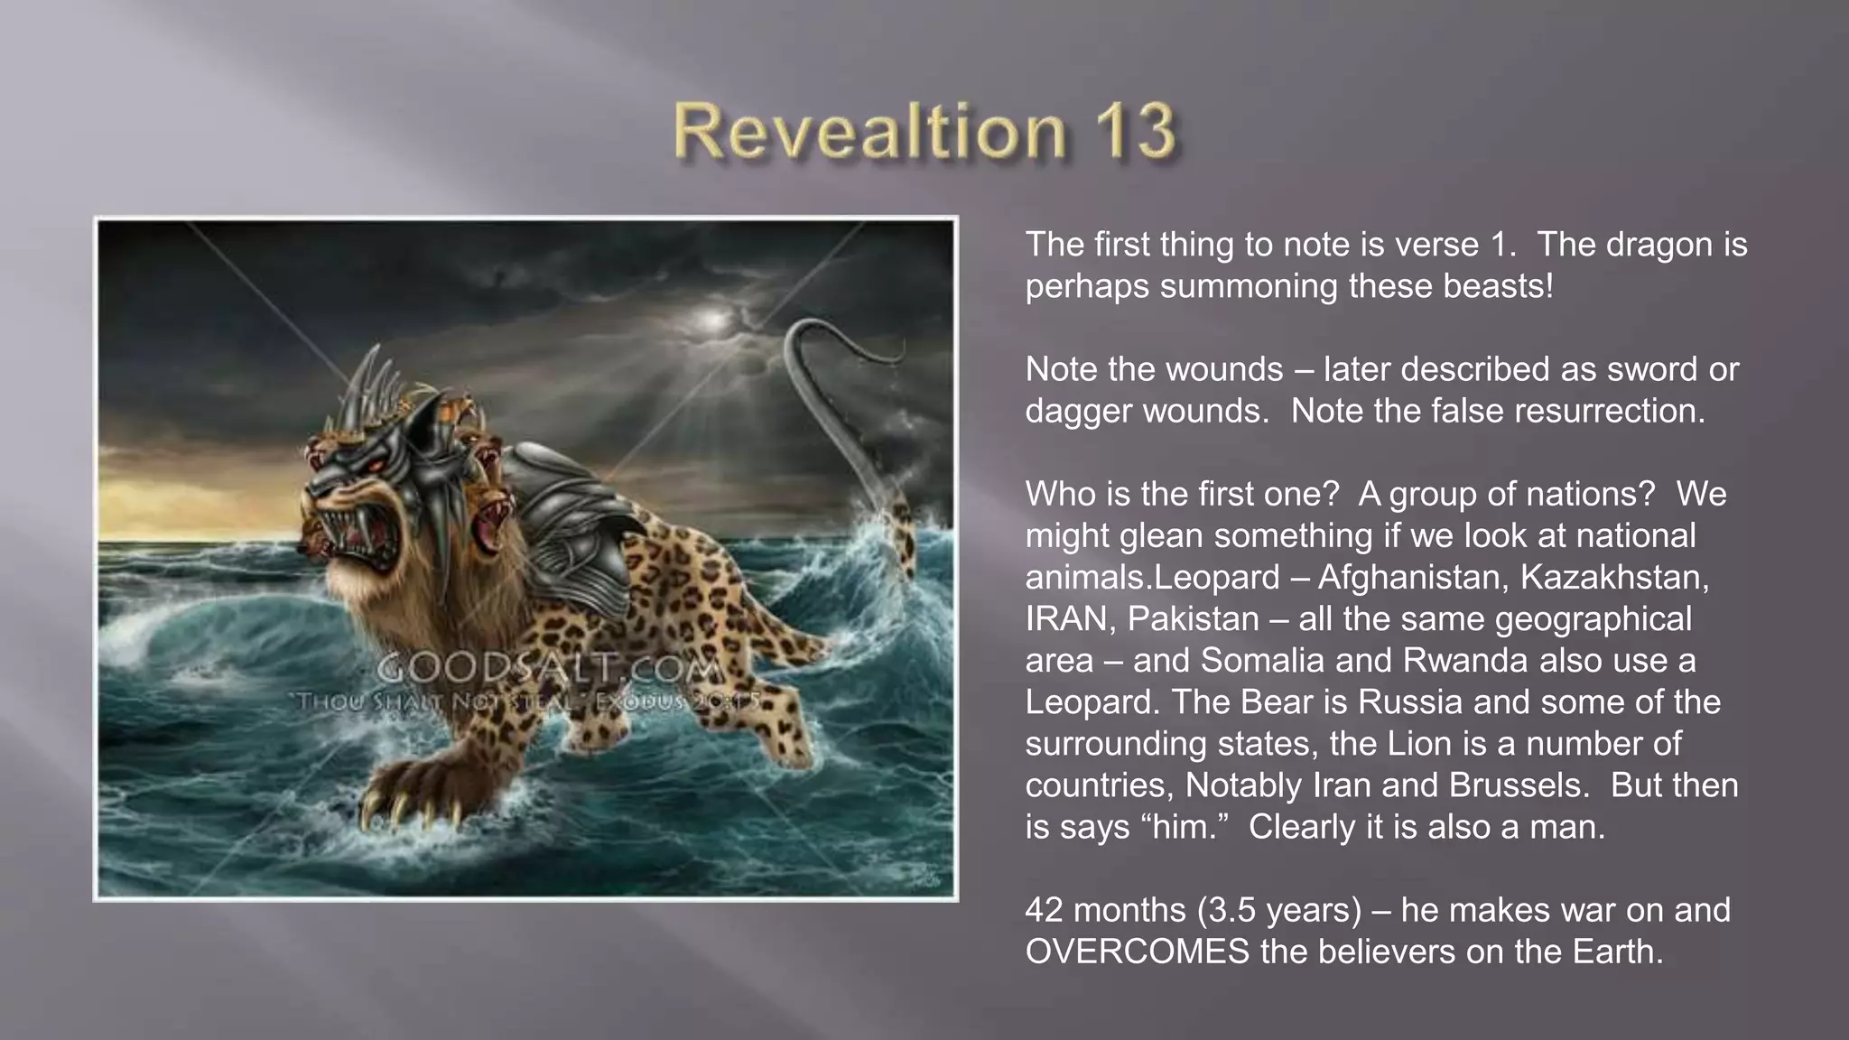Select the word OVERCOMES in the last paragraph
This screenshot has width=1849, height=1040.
click(1138, 952)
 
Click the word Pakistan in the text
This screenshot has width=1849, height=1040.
click(1193, 619)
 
